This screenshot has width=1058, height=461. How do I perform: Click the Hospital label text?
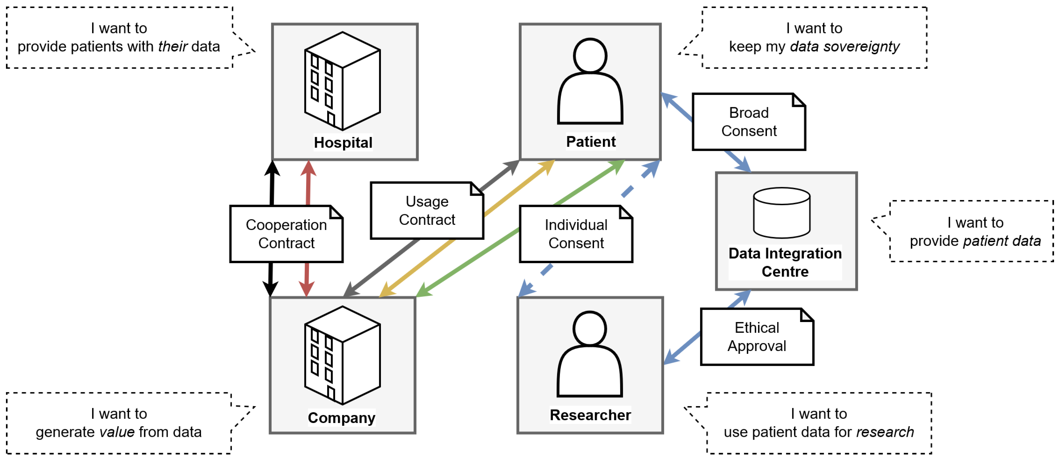pyautogui.click(x=343, y=142)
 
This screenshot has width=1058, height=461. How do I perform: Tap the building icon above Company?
pyautogui.click(x=342, y=355)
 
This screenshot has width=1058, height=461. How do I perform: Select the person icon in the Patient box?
pyautogui.click(x=590, y=82)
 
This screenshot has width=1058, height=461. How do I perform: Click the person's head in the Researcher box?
pyautogui.click(x=590, y=328)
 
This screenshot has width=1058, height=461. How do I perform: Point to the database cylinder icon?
pyautogui.click(x=782, y=213)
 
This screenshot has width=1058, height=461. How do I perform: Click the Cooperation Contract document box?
pyautogui.click(x=286, y=234)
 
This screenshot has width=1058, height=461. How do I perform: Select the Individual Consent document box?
pyautogui.click(x=576, y=234)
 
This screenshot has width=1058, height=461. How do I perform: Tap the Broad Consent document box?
pyautogui.click(x=749, y=122)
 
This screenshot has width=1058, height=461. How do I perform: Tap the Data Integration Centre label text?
pyautogui.click(x=785, y=262)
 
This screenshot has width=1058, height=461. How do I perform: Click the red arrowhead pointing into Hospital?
pyautogui.click(x=308, y=168)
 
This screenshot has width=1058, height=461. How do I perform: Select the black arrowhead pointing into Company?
pyautogui.click(x=270, y=288)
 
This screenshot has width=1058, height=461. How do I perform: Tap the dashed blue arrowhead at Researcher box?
pyautogui.click(x=526, y=288)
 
